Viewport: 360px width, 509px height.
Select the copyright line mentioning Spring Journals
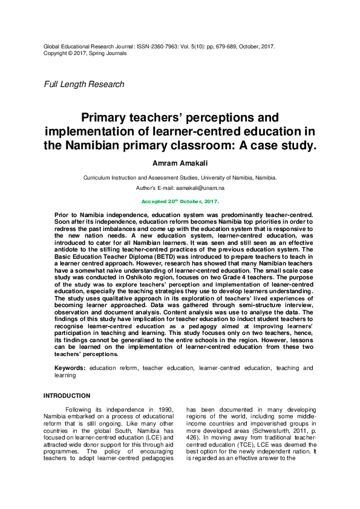[85, 53]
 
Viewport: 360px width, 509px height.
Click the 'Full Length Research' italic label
[84, 85]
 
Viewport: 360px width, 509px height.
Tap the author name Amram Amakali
[180, 163]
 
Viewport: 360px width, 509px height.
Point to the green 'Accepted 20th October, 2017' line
[180, 201]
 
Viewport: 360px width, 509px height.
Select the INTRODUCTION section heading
[67, 396]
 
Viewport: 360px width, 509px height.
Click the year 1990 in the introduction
[164, 409]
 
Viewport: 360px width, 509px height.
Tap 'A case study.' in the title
[274, 145]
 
